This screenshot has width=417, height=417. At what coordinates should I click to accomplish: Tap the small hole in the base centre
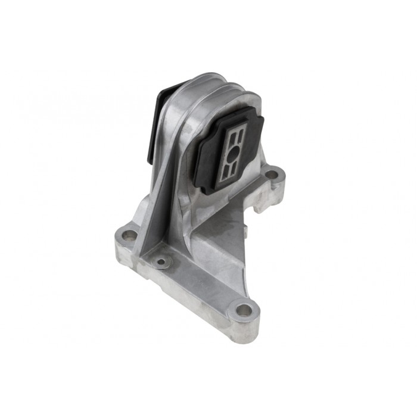[160, 261]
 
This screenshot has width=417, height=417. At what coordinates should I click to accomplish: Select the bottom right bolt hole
[243, 310]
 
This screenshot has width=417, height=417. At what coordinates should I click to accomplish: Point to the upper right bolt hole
[272, 175]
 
